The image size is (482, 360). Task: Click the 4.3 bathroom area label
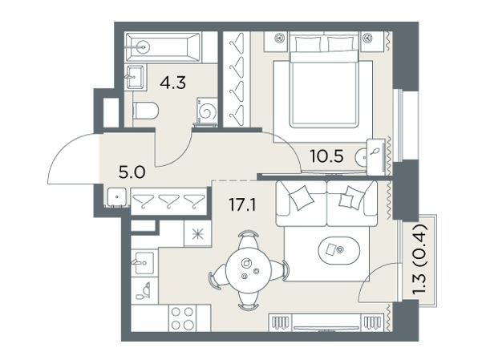click(x=173, y=83)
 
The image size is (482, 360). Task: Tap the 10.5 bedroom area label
click(x=326, y=156)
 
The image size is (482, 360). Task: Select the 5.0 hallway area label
click(x=132, y=172)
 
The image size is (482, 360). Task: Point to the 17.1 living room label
click(x=242, y=204)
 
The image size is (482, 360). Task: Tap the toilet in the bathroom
click(x=145, y=111)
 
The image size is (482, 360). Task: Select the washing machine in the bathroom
click(x=205, y=112)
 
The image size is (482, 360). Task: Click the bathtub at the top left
click(x=163, y=47)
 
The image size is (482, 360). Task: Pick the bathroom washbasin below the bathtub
click(x=136, y=76)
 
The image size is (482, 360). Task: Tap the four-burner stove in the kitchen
click(x=182, y=318)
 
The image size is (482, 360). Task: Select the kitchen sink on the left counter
click(x=143, y=263)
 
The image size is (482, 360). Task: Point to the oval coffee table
click(x=339, y=250)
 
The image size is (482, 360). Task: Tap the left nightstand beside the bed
click(x=276, y=42)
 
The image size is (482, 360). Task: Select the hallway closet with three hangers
click(x=169, y=201)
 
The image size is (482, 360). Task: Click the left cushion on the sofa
click(x=302, y=197)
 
